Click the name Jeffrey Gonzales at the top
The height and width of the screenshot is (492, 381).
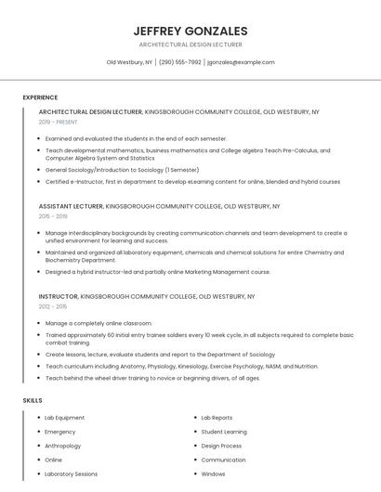(190, 31)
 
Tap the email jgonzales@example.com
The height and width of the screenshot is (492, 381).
(241, 62)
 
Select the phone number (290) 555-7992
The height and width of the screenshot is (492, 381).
(179, 62)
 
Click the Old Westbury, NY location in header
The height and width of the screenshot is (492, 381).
(129, 62)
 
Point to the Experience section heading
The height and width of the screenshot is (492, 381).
(40, 97)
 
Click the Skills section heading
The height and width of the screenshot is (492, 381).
(32, 400)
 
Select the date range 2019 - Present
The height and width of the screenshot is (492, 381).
(58, 122)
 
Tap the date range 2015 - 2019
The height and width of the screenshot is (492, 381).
(54, 215)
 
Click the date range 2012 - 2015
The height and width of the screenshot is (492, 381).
(53, 305)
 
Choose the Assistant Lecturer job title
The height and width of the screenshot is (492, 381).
(71, 206)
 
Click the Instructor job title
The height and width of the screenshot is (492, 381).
(59, 296)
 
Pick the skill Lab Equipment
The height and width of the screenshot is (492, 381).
(65, 418)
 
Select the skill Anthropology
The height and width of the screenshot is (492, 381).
(64, 446)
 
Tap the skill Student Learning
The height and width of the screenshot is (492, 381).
(224, 432)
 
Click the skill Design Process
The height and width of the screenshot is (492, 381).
(221, 446)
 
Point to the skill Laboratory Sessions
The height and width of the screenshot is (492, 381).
(71, 473)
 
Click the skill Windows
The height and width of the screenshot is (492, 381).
(213, 473)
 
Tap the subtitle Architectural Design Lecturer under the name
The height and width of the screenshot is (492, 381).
(190, 45)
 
